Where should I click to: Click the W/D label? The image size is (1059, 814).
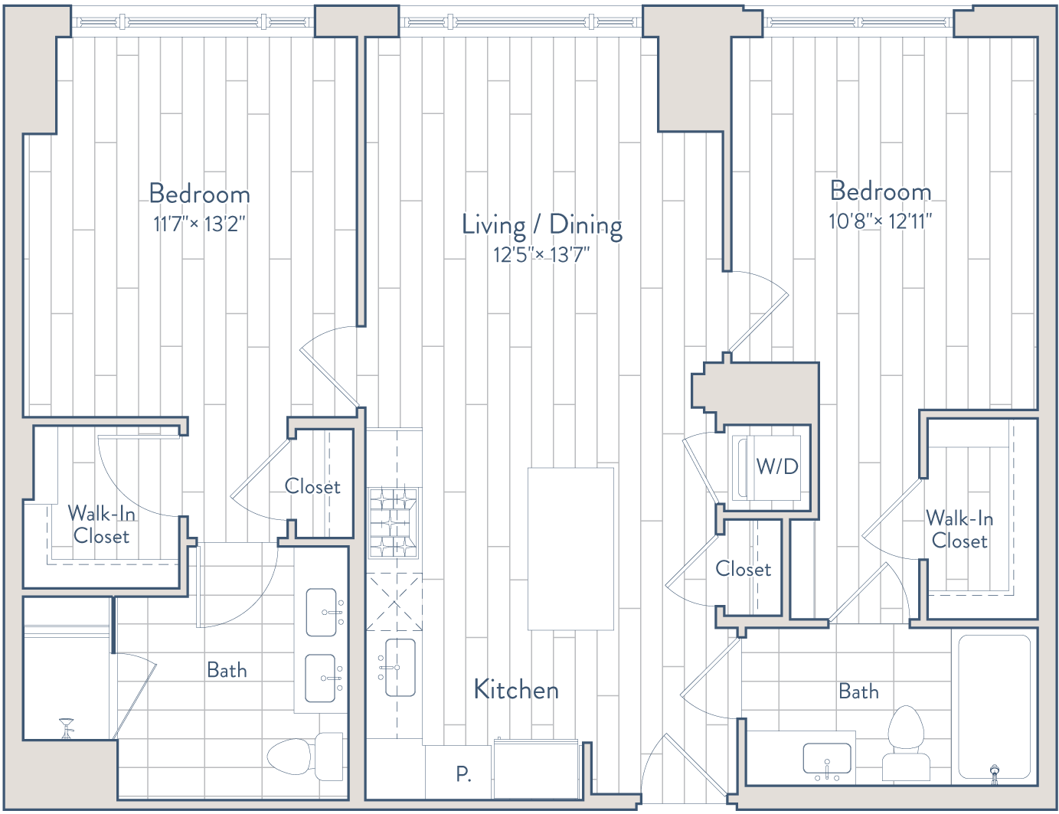point(777,466)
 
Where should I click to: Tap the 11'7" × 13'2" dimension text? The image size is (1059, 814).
point(199,224)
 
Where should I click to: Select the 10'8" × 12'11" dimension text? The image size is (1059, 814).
point(880,221)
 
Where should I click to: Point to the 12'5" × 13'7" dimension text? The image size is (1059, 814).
point(541,255)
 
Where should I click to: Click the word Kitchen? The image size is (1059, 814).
point(516,690)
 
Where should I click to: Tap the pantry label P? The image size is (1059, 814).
point(463,773)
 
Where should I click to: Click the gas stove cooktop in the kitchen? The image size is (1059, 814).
point(394,523)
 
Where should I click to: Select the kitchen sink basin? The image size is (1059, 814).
point(400,668)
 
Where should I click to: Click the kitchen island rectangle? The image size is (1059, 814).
point(570,549)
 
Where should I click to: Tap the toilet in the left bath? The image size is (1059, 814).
point(305,757)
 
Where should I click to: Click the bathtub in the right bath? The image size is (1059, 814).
point(994,706)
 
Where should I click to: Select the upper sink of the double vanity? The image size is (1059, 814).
point(321,613)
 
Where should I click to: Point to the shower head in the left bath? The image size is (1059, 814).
point(66,727)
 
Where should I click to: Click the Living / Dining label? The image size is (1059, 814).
point(542,226)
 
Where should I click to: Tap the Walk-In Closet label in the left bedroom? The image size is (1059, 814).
point(101,525)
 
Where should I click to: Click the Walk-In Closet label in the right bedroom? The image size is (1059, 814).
point(959,529)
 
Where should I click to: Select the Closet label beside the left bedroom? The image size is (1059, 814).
point(312,486)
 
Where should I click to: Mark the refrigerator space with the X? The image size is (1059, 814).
point(394,602)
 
